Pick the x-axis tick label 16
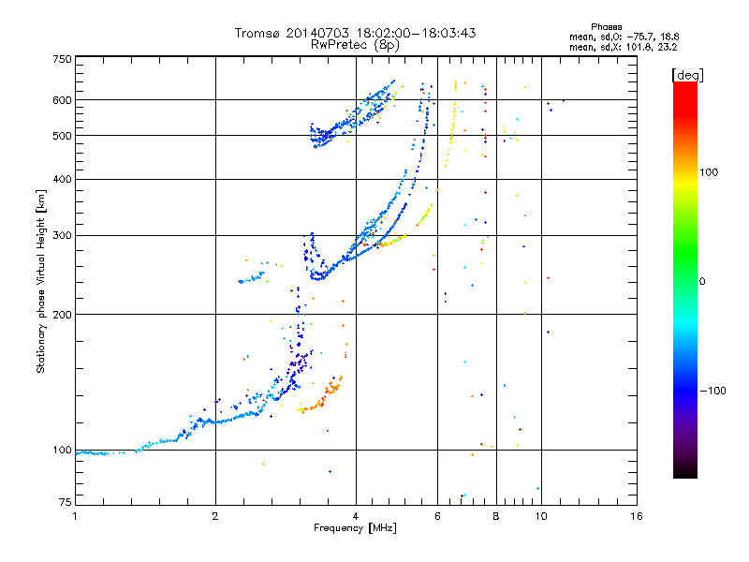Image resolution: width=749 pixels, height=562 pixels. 637,516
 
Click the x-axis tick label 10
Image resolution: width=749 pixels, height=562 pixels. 540,516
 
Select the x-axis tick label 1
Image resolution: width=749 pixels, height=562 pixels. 75,516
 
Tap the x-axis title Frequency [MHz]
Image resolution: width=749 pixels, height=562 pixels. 355,529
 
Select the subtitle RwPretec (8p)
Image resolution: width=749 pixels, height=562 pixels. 355,44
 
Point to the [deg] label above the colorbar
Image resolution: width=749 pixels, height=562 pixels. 688,74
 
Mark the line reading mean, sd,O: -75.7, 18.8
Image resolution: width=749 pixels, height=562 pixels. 624,36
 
